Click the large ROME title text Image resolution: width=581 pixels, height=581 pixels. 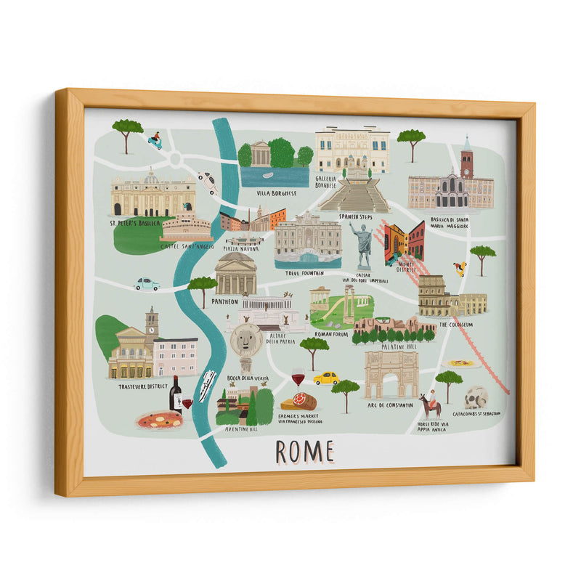[x=304, y=451]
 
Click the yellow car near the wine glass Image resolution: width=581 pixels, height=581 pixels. [x=326, y=378]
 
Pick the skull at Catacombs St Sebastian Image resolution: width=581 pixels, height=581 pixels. [x=476, y=397]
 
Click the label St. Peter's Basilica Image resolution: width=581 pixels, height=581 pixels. [x=134, y=223]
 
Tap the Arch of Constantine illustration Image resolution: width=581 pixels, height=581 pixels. [x=390, y=375]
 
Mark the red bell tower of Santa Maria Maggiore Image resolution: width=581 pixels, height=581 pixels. [x=466, y=159]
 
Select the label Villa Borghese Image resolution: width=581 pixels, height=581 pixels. [x=277, y=194]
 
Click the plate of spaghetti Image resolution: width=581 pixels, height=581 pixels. [x=461, y=363]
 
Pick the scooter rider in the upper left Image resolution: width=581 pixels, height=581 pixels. [x=155, y=140]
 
